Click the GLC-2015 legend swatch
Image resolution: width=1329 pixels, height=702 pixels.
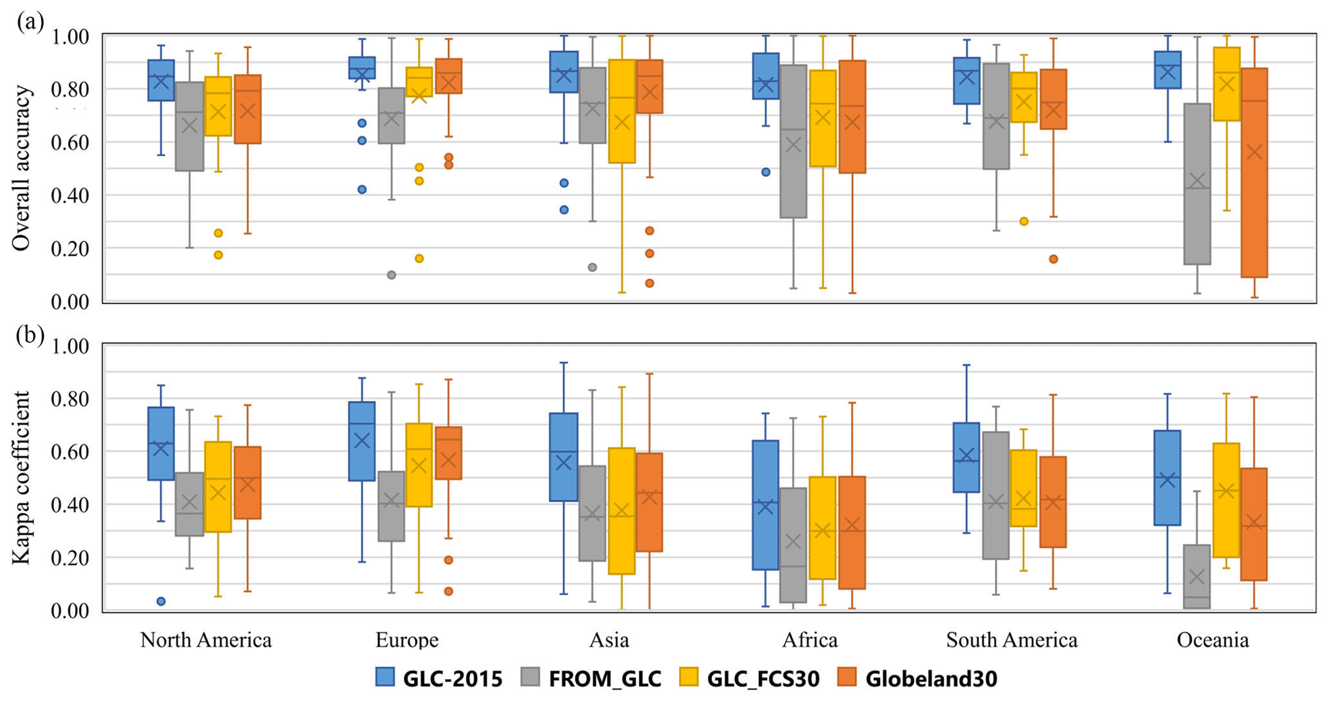[385, 677]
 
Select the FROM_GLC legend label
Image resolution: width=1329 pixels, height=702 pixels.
[604, 678]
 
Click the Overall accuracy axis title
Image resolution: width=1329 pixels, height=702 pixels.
[21, 168]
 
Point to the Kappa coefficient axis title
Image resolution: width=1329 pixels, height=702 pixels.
[21, 478]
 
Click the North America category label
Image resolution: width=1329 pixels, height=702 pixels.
[206, 640]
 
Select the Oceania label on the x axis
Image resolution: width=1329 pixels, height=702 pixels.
[1213, 640]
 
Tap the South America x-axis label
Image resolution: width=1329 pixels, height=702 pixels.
[1011, 640]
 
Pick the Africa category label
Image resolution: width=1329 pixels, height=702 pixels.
[809, 640]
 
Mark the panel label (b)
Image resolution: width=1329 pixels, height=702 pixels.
[30, 335]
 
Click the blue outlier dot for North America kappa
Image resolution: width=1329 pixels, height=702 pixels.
[161, 601]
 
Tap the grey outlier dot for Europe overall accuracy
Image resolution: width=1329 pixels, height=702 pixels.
[391, 275]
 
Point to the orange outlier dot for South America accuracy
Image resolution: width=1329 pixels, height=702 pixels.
[1053, 259]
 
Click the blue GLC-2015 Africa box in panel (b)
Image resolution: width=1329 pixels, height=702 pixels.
[765, 505]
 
